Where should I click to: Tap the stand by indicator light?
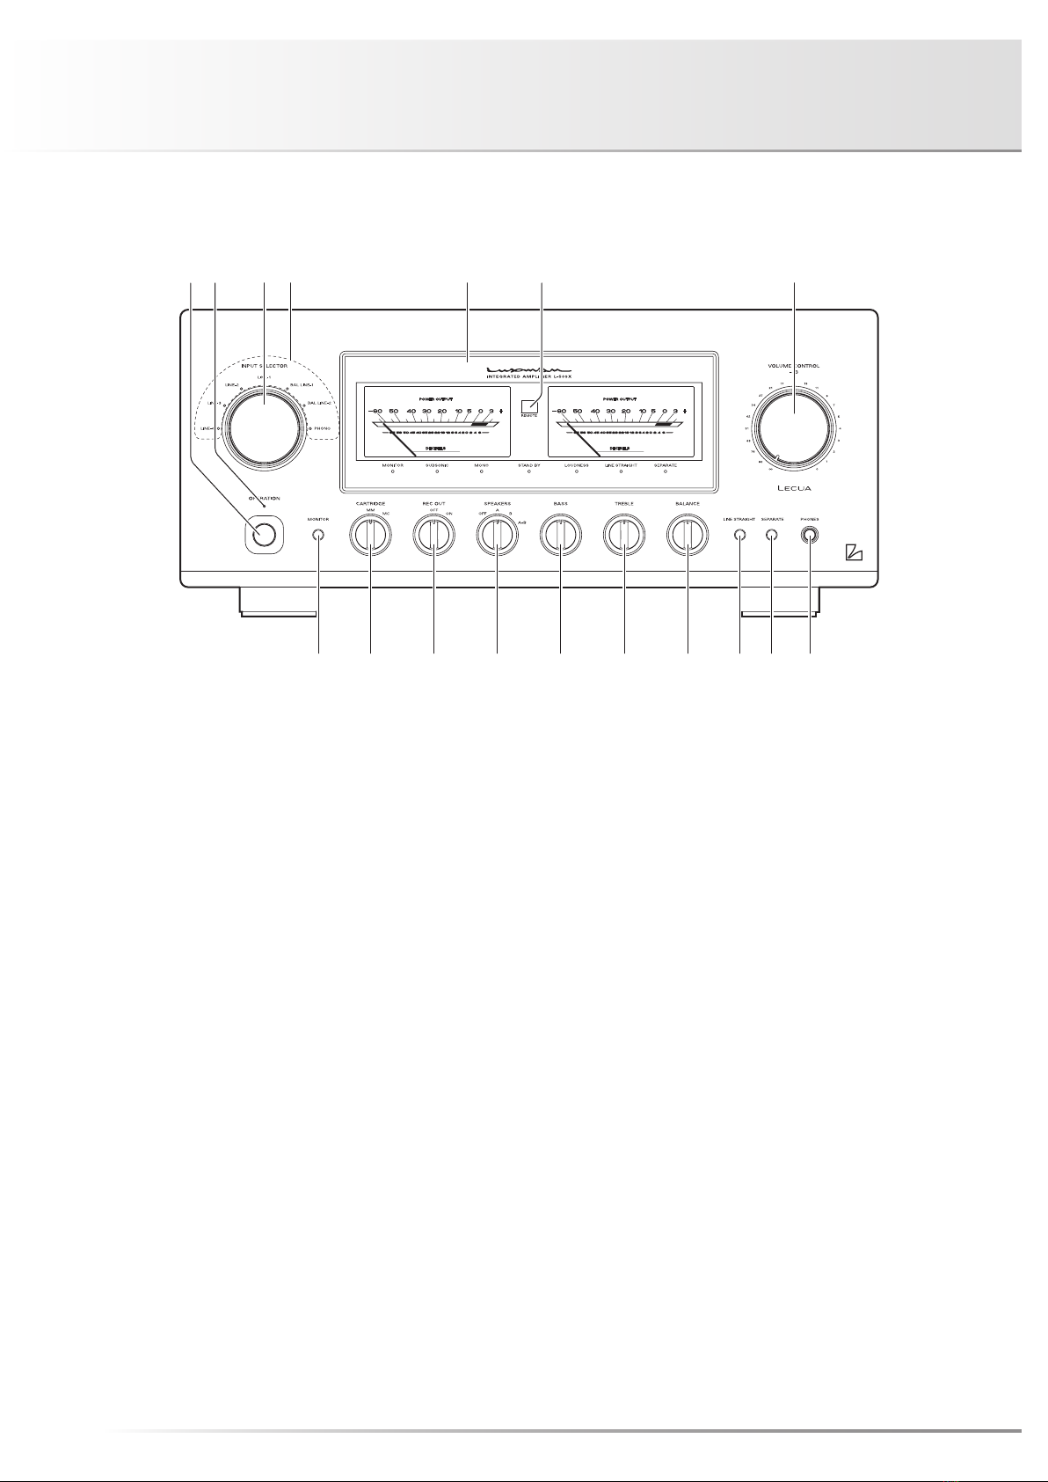pyautogui.click(x=529, y=472)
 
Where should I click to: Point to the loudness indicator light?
pyautogui.click(x=577, y=472)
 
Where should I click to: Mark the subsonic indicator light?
pyautogui.click(x=437, y=472)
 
